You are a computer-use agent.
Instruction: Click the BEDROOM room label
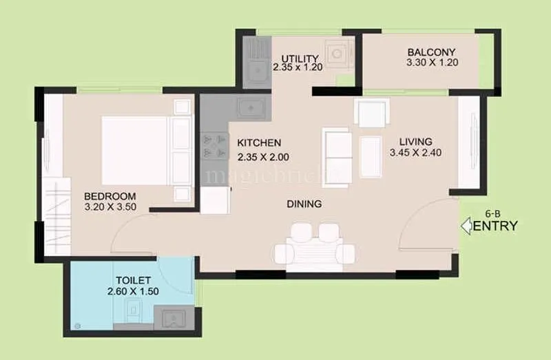pyautogui.click(x=110, y=195)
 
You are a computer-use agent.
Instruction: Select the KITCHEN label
pyautogui.click(x=259, y=142)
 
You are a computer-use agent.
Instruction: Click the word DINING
pyautogui.click(x=304, y=204)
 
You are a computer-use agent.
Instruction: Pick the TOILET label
pyautogui.click(x=132, y=280)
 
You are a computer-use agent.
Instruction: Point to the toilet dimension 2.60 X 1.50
pyautogui.click(x=134, y=291)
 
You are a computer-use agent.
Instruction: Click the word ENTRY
pyautogui.click(x=495, y=226)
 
